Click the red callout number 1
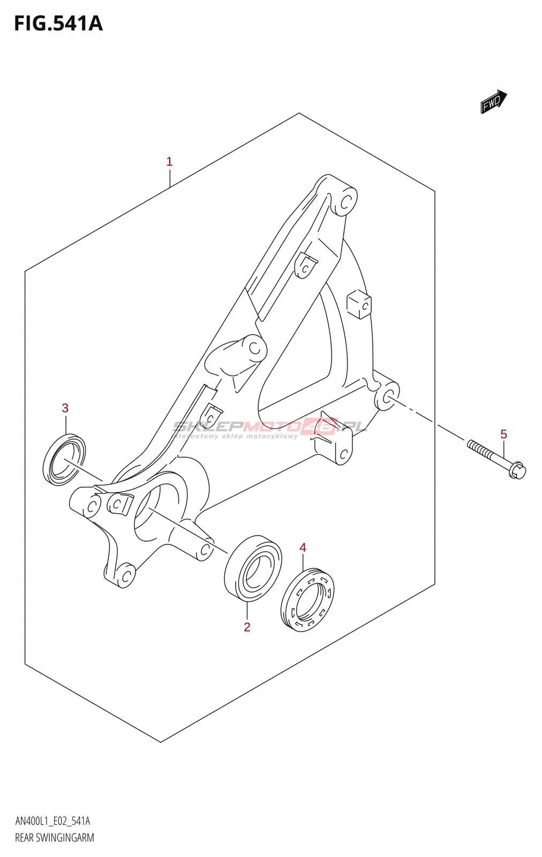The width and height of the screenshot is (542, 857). (x=169, y=161)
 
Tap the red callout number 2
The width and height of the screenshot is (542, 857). (x=247, y=627)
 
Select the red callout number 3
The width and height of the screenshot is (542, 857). (x=65, y=408)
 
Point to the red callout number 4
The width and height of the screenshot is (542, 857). (x=303, y=547)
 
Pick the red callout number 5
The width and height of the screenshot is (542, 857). (x=503, y=434)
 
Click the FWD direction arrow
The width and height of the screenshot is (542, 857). (x=493, y=102)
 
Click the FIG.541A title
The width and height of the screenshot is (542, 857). (x=58, y=24)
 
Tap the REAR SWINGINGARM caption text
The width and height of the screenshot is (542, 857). (x=55, y=838)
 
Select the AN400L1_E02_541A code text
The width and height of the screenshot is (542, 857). (x=52, y=821)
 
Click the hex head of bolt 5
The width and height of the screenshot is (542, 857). (x=518, y=471)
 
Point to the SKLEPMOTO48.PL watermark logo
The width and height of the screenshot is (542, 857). (x=270, y=427)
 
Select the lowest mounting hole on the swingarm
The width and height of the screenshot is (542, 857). (x=126, y=576)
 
